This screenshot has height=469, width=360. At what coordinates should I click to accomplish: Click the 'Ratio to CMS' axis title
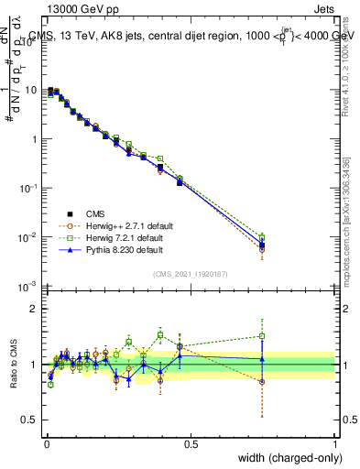pyautogui.click(x=14, y=364)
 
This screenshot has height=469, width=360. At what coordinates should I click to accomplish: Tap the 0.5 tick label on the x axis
pyautogui.click(x=191, y=443)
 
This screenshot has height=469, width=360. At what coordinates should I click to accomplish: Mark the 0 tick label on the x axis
pyautogui.click(x=47, y=443)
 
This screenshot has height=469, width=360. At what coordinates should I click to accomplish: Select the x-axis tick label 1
pyautogui.click(x=335, y=443)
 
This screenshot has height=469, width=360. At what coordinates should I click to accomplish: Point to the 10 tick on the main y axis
pyautogui.click(x=33, y=90)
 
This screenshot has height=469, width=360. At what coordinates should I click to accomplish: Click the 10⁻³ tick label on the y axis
pyautogui.click(x=30, y=287)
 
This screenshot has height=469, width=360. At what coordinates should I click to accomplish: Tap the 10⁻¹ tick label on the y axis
pyautogui.click(x=30, y=188)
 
